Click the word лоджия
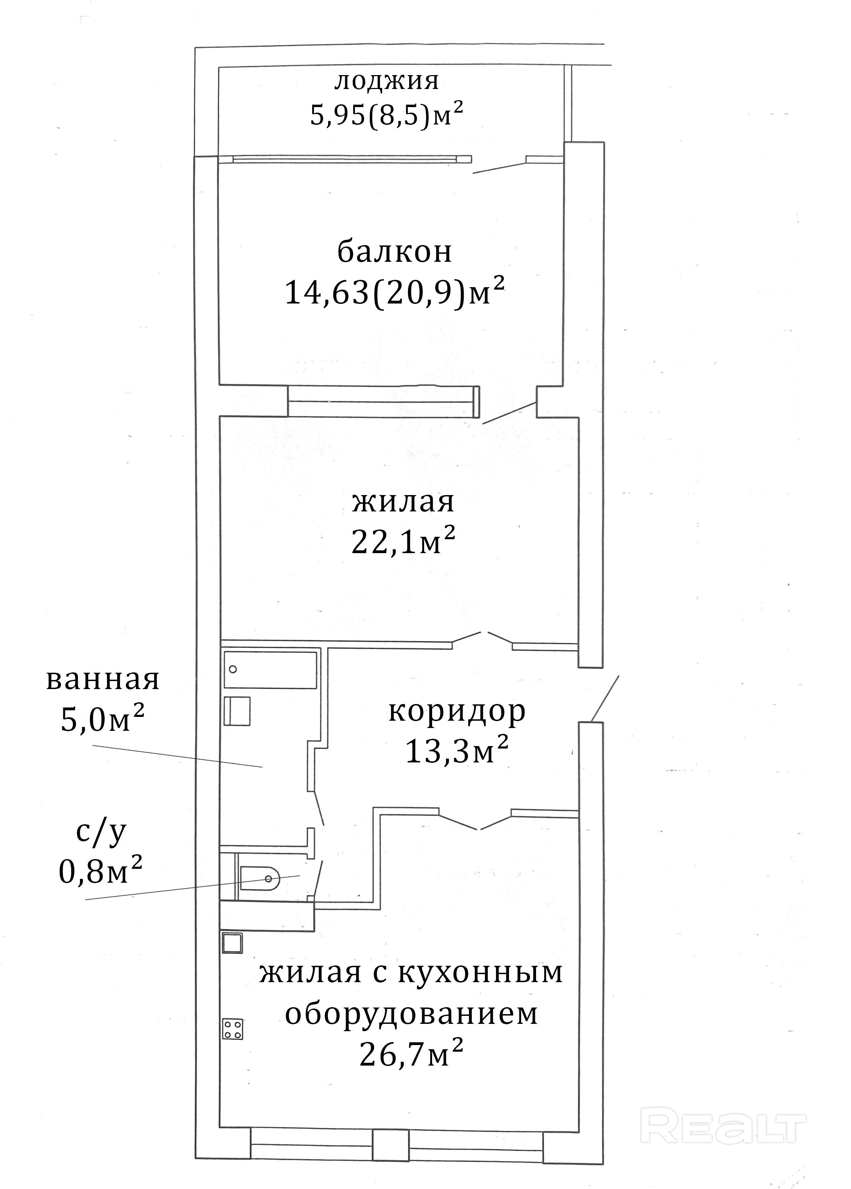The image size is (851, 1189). pyautogui.click(x=387, y=82)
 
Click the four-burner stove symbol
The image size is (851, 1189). pyautogui.click(x=233, y=1029)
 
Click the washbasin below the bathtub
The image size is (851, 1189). pyautogui.click(x=237, y=711)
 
